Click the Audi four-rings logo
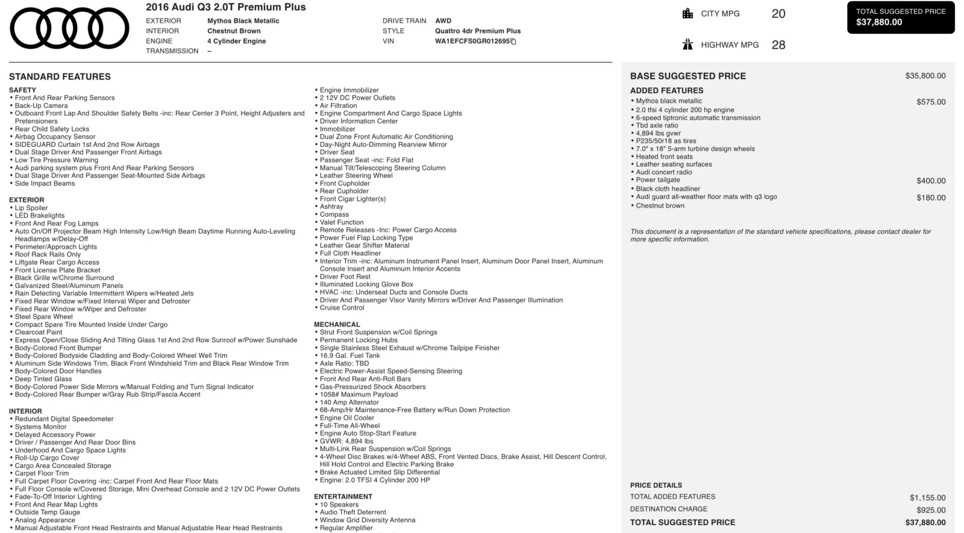[x=69, y=28]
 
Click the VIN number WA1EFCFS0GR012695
[x=472, y=42]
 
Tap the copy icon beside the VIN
[x=513, y=42]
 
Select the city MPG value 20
[x=778, y=14]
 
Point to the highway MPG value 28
[x=778, y=45]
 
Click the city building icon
[x=687, y=13]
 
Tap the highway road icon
[x=687, y=45]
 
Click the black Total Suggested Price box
[x=901, y=17]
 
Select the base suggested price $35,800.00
[x=925, y=76]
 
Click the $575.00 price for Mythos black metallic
[x=931, y=102]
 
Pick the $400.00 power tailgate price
[x=931, y=181]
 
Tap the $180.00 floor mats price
[x=931, y=198]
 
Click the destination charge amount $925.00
[x=931, y=510]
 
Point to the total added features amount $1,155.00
[x=927, y=498]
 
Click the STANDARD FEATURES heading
[x=60, y=77]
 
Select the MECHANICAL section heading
[x=337, y=325]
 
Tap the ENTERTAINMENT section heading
[x=343, y=497]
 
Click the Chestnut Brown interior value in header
[x=234, y=31]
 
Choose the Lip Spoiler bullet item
[x=31, y=208]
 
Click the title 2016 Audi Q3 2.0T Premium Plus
[x=226, y=8]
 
